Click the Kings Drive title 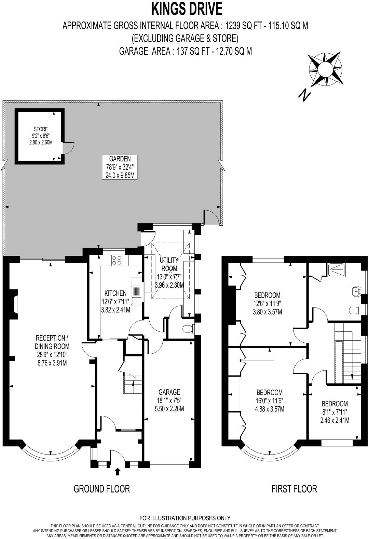187,9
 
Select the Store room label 41,135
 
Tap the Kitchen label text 115,301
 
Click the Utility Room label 169,273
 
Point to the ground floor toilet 188,329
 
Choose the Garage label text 169,400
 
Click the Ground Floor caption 102,489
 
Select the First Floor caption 294,489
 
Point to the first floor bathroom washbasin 356,291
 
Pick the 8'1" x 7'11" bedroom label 334,412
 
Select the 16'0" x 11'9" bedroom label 270,400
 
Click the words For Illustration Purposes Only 185,518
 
